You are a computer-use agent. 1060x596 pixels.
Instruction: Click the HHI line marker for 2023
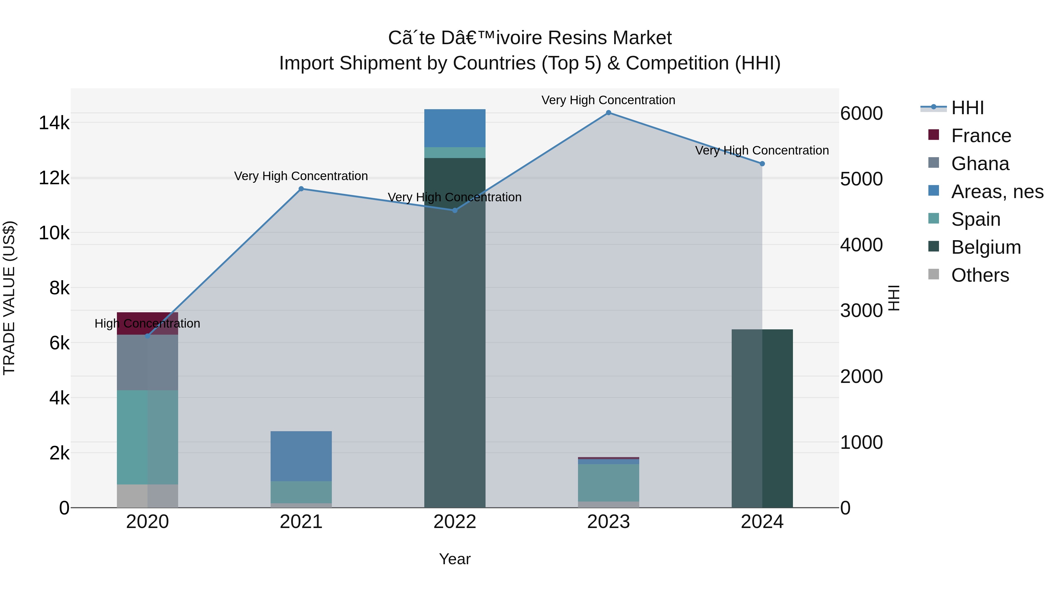click(x=608, y=113)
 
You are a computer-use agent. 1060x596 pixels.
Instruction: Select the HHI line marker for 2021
click(x=301, y=189)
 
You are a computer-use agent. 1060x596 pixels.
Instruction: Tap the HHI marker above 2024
click(x=762, y=164)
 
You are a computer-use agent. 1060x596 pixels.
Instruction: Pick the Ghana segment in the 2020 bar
click(x=147, y=362)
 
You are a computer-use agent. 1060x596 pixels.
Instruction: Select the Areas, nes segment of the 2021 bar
click(x=301, y=456)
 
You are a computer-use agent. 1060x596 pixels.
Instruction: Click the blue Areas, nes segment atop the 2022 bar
click(x=454, y=128)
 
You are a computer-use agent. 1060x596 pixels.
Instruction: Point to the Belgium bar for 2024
click(x=762, y=418)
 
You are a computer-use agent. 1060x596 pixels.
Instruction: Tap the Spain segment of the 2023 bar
click(x=608, y=482)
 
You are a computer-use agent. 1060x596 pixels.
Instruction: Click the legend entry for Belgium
click(x=986, y=247)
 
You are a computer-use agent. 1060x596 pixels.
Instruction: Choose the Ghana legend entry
click(x=980, y=164)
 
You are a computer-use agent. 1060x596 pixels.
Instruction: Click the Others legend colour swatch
click(x=934, y=274)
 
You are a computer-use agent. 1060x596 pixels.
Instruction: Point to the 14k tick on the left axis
click(x=54, y=123)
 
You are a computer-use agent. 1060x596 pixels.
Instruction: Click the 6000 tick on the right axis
click(x=861, y=114)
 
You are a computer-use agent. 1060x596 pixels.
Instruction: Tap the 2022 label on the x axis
click(x=454, y=522)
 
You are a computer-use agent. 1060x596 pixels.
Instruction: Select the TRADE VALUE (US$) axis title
click(x=9, y=298)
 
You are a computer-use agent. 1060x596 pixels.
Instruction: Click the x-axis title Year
click(x=454, y=559)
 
